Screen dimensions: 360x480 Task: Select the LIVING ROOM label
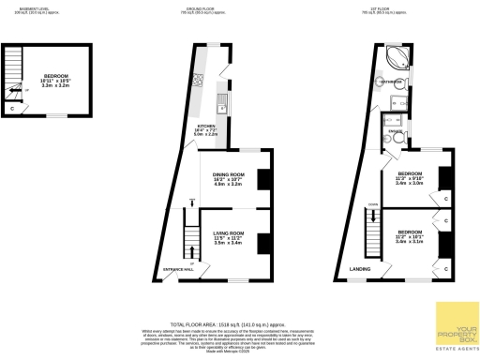click(x=229, y=232)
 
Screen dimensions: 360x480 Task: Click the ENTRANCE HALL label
click(x=178, y=270)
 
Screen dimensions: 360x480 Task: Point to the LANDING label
click(x=360, y=270)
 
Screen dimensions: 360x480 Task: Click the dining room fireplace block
click(x=264, y=178)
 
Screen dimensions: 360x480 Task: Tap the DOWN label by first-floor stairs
click(x=372, y=203)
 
